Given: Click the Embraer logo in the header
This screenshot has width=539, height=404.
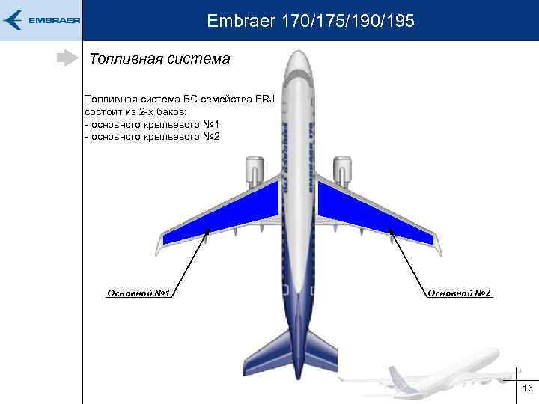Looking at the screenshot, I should (x=41, y=20).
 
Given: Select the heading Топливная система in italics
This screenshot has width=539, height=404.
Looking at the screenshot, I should (x=159, y=58).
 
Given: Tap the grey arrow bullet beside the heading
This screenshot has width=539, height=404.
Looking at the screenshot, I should (x=67, y=58).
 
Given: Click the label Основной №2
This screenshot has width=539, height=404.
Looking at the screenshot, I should (x=459, y=293).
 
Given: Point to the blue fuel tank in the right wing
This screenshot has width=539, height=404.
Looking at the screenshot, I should (x=367, y=216).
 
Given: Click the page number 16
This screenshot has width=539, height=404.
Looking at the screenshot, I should (x=527, y=388).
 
